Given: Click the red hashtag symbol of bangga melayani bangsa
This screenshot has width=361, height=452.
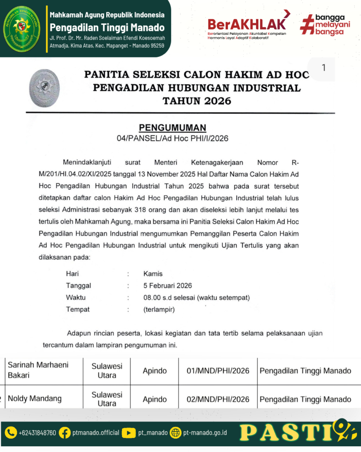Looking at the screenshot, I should pyautogui.click(x=307, y=24).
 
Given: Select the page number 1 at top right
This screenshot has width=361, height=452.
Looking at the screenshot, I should pyautogui.click(x=324, y=68).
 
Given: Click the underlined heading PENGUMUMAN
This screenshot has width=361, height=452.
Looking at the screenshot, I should pyautogui.click(x=172, y=128).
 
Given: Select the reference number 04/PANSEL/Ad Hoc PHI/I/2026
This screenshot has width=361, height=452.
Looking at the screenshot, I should pyautogui.click(x=172, y=139).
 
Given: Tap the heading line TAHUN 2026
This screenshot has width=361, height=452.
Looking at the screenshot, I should pyautogui.click(x=197, y=101).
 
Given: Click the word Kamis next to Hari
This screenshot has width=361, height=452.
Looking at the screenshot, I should pyautogui.click(x=153, y=274).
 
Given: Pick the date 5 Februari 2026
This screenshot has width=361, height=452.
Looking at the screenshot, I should pyautogui.click(x=167, y=286).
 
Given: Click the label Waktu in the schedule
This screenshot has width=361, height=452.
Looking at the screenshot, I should pyautogui.click(x=76, y=298).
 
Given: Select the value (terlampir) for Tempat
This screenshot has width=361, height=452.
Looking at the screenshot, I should pyautogui.click(x=159, y=309).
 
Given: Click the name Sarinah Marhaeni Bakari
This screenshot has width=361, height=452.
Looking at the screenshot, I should pyautogui.click(x=38, y=370).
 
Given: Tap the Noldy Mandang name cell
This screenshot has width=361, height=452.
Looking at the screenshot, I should pyautogui.click(x=35, y=399).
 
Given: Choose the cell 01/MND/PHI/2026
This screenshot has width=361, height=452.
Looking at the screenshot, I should pyautogui.click(x=218, y=371).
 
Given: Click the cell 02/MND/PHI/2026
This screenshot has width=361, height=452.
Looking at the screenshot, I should pyautogui.click(x=218, y=399).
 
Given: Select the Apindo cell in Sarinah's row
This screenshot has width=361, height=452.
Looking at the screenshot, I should pyautogui.click(x=155, y=371).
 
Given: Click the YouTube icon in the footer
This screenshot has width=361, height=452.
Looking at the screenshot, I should pyautogui.click(x=129, y=433).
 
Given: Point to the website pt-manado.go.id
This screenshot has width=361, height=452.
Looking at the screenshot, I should pyautogui.click(x=205, y=433).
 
